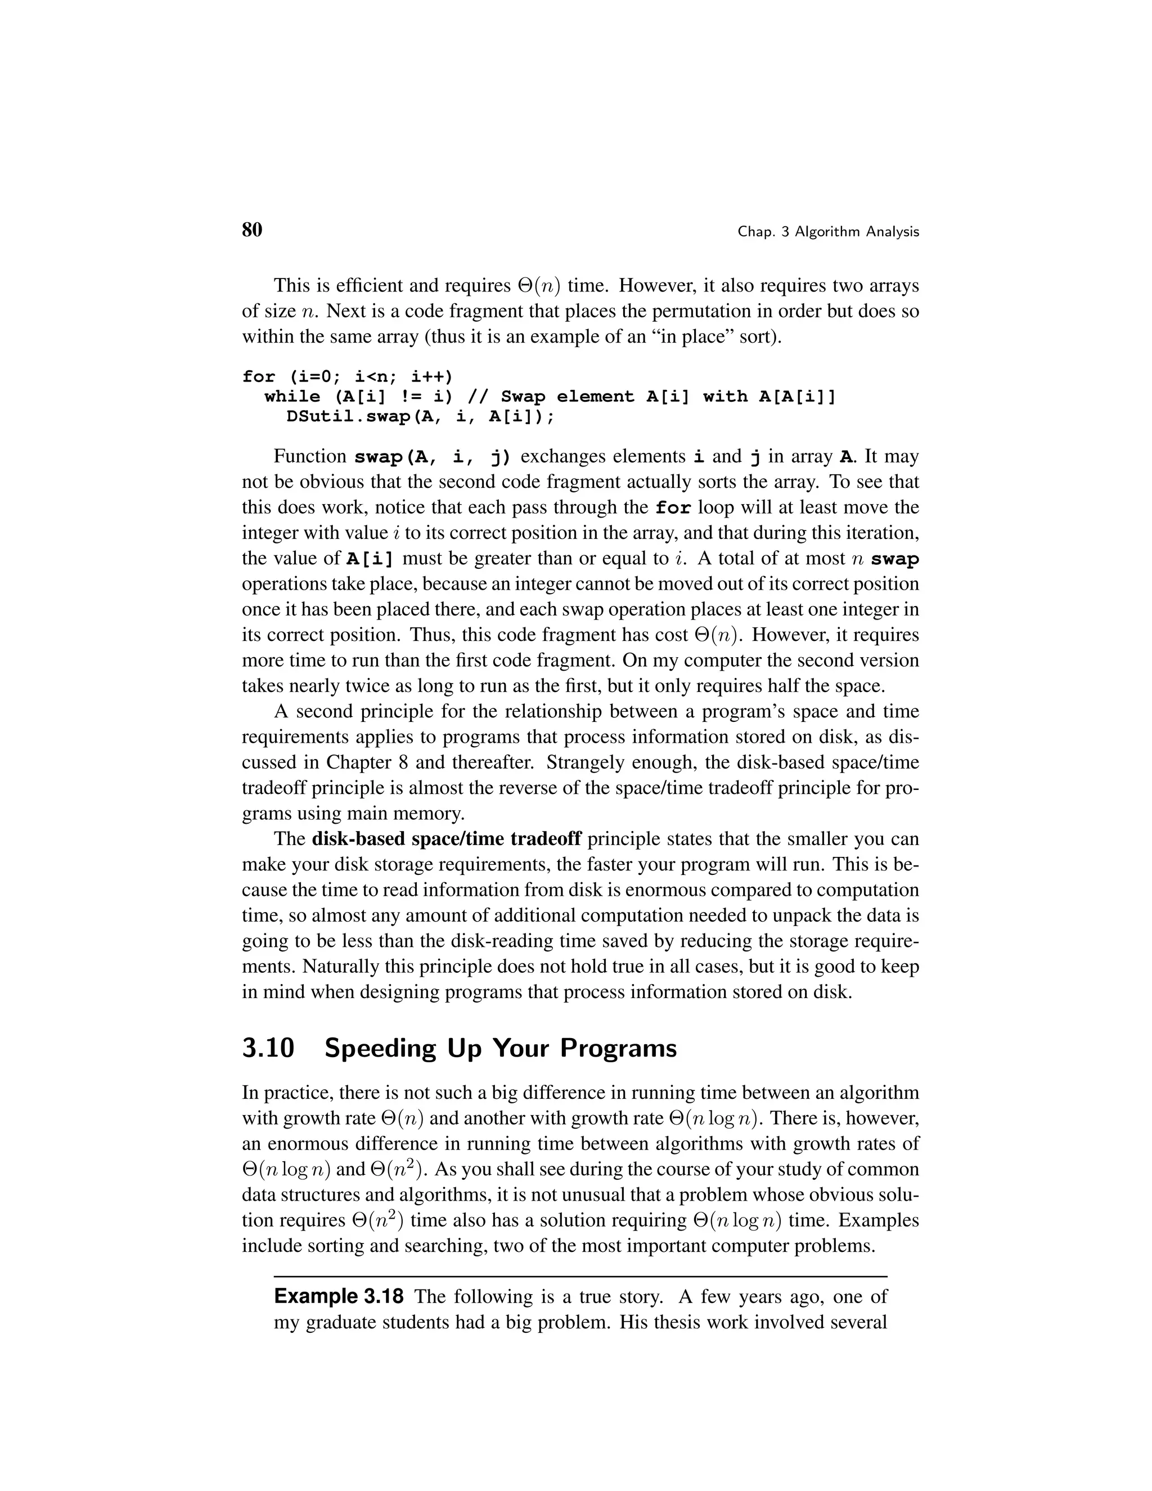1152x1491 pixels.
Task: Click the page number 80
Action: coord(252,230)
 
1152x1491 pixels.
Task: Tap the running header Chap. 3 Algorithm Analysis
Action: coord(828,232)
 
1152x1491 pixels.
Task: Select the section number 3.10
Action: coord(268,1048)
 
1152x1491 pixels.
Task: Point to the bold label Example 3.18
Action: coord(339,1296)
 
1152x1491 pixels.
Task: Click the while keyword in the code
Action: coord(292,397)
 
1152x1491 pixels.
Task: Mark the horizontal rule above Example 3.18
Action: coord(580,1276)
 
